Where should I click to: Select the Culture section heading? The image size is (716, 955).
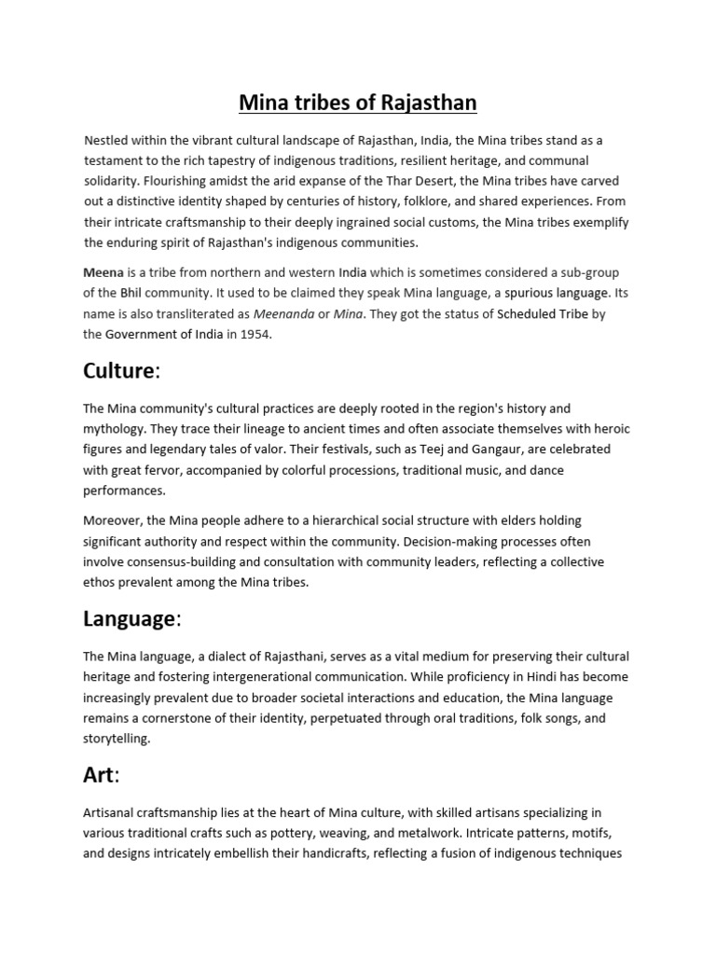[x=119, y=370]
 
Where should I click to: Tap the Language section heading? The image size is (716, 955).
[x=130, y=618]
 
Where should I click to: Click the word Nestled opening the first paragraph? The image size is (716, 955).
[x=106, y=141]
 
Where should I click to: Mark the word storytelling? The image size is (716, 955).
[x=116, y=739]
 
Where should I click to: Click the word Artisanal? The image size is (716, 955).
[x=110, y=813]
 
